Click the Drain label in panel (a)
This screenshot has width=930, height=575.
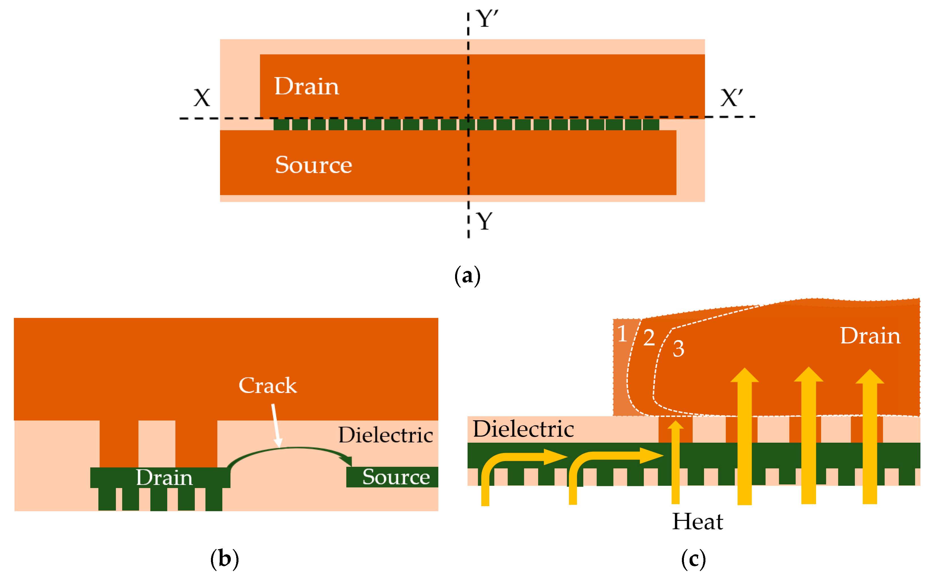(x=306, y=86)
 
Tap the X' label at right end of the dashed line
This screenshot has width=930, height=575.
(x=731, y=98)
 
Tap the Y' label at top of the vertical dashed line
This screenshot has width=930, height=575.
(x=487, y=19)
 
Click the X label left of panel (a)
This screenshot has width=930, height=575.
(x=202, y=98)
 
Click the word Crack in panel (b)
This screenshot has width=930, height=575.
(x=267, y=386)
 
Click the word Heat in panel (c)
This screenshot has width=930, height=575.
(x=697, y=521)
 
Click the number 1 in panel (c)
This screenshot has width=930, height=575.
(x=622, y=334)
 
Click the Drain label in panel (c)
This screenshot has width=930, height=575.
(x=870, y=336)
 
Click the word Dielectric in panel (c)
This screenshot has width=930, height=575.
(x=523, y=429)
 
